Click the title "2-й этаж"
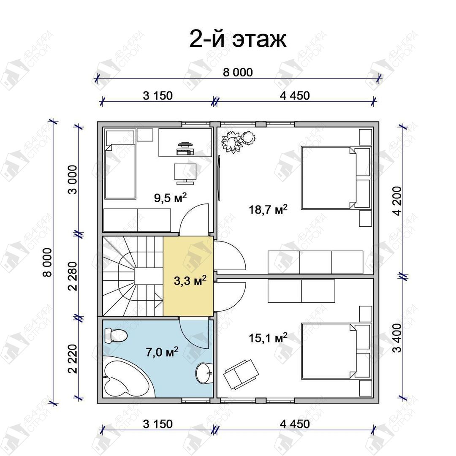pos(238,39)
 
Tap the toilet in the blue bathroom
pos(116,335)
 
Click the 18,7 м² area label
pos(268,209)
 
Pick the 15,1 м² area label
pos(268,338)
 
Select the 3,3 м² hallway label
pos(190,281)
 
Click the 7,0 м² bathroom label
pos(162,352)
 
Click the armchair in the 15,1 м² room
pos(241,374)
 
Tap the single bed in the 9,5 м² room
pos(120,165)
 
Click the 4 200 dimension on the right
pos(397,201)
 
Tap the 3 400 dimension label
pos(397,338)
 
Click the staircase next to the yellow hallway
pos(133,276)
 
